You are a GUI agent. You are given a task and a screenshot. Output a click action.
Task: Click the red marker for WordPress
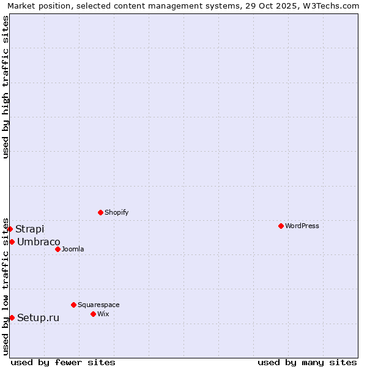point(281,226)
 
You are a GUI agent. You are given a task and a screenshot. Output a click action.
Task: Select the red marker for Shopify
point(100,212)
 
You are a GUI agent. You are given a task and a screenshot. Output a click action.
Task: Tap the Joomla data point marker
point(57,249)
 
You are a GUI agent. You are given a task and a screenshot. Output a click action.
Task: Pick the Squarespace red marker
point(73,305)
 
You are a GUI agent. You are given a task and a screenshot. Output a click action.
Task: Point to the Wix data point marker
point(93,314)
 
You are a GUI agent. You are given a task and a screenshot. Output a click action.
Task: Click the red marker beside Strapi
point(10,229)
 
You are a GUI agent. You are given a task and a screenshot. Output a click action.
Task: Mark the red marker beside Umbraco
point(12,242)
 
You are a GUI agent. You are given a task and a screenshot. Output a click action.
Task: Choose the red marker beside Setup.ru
point(12,317)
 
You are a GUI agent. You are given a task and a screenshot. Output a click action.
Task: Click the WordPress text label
point(302,226)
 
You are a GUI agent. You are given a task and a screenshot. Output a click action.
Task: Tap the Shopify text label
point(116,212)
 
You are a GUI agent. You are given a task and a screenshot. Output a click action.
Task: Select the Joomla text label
point(73,249)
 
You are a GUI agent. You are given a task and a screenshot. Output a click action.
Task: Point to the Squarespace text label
point(98,305)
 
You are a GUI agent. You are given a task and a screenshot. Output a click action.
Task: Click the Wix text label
point(103,314)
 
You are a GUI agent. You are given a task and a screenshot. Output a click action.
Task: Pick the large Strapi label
point(30,229)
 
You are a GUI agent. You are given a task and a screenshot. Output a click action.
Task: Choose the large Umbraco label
point(39,242)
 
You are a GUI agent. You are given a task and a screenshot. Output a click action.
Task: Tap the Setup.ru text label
point(39,317)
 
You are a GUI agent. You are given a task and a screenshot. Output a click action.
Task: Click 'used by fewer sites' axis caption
point(63,362)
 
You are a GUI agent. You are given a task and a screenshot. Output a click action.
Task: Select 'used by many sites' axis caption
point(307,362)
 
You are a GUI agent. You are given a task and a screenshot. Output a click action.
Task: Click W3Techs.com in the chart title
point(333,6)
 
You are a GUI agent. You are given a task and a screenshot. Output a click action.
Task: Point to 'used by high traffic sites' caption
point(6,87)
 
